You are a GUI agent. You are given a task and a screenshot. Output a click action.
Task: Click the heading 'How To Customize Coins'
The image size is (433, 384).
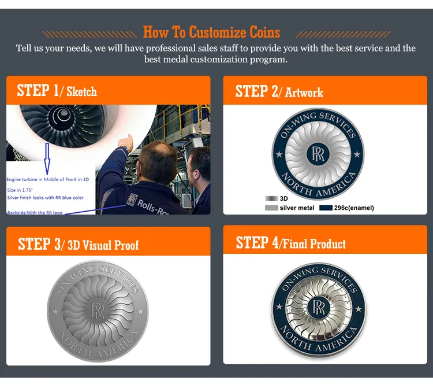pos(211,32)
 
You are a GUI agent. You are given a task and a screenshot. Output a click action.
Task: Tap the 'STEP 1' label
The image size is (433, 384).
pos(38,91)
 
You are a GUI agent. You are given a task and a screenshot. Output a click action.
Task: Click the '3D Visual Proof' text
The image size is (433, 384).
pos(103,245)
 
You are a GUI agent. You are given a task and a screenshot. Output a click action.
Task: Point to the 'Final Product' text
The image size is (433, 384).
pos(312,243)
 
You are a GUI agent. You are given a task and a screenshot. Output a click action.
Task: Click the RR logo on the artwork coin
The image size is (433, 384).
pos(318,153)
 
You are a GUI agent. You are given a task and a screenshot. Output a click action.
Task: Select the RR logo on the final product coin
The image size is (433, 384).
pos(318,307)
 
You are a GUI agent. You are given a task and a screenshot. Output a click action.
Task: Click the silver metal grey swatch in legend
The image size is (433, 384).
pos(271,208)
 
